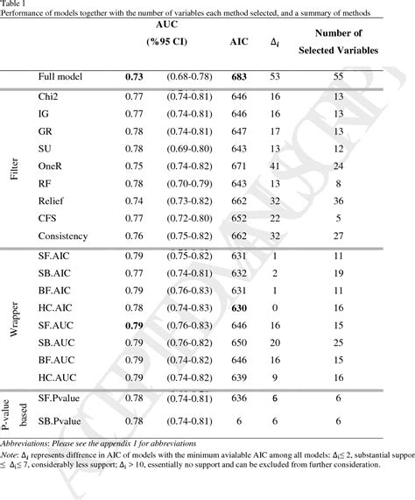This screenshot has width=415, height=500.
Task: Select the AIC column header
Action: (237, 42)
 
